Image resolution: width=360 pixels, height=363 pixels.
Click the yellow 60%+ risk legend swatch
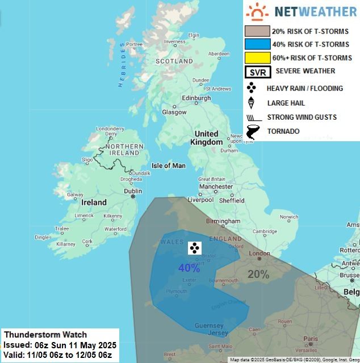coord(256,57)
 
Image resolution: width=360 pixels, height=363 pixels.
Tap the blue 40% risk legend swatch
coord(256,44)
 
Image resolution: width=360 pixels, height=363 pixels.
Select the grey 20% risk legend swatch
coord(256,31)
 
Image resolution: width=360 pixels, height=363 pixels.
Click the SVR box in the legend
coord(257,72)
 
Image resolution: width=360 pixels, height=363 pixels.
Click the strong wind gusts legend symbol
coord(252,117)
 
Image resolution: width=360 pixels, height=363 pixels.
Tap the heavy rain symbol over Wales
coord(194,247)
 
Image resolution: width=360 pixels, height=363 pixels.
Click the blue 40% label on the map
coord(189,268)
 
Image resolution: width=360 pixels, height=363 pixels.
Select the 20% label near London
coord(258,275)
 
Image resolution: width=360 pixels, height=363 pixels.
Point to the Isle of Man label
coord(169,166)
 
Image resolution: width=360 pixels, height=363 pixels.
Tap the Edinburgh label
coord(196,98)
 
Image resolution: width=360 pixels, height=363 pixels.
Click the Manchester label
coord(216,186)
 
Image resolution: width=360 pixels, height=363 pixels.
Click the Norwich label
coord(289,217)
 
